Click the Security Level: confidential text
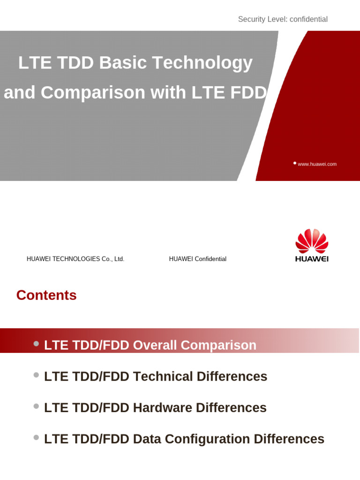[x=283, y=19]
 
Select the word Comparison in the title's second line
[x=93, y=92]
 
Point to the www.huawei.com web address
[x=317, y=164]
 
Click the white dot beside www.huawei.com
[x=295, y=163]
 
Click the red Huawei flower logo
[x=312, y=241]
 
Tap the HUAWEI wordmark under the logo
[x=312, y=259]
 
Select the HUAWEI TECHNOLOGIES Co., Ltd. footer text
[x=75, y=259]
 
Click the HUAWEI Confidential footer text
[x=198, y=259]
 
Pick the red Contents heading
[x=46, y=295]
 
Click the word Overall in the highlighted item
[x=155, y=345]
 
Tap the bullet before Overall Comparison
[x=36, y=344]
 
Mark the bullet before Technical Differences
[x=36, y=375]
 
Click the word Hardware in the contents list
[x=163, y=408]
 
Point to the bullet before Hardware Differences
[x=36, y=406]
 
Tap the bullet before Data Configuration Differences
[x=36, y=437]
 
